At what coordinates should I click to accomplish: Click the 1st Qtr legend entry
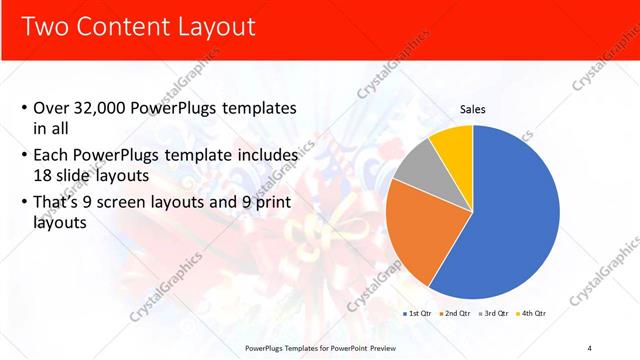pyautogui.click(x=418, y=313)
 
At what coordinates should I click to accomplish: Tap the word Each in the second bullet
pyautogui.click(x=53, y=156)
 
